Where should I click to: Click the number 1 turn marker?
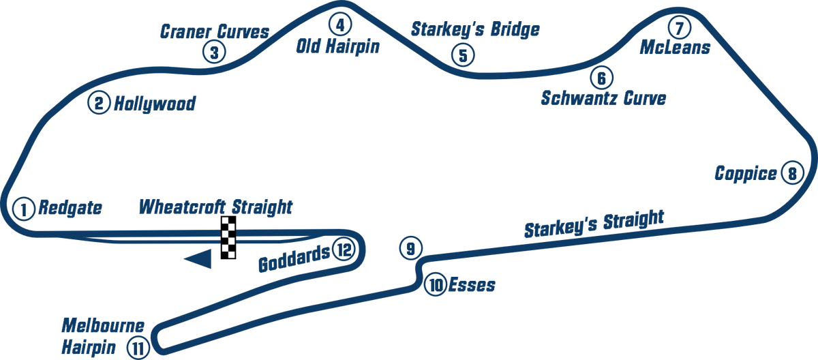tap(24, 209)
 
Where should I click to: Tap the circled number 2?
tap(99, 103)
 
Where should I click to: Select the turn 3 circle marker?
tap(213, 52)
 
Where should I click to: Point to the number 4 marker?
tap(339, 24)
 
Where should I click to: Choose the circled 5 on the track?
tap(462, 55)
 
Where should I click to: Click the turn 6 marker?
tap(600, 78)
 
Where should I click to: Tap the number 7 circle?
tap(678, 28)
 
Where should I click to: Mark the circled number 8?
tap(791, 173)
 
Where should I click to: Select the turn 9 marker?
tap(410, 248)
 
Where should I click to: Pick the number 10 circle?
tap(436, 284)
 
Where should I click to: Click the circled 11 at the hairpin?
tap(138, 348)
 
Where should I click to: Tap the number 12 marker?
tap(343, 250)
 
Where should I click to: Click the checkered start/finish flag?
tap(228, 237)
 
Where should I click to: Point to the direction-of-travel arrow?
tap(198, 260)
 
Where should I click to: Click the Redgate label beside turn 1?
tap(70, 208)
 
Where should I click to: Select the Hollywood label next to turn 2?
tap(154, 104)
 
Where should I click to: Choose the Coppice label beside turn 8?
tap(746, 174)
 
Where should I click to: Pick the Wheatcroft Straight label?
tap(215, 206)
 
